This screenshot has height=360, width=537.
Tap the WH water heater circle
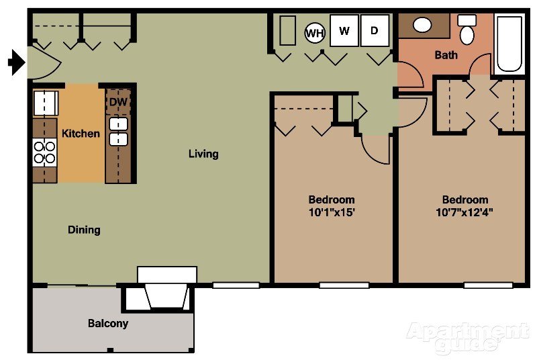[x=315, y=32]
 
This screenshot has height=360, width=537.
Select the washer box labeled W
[x=344, y=31]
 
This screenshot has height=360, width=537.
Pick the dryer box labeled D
[x=375, y=31]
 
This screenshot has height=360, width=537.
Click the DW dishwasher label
[x=118, y=101]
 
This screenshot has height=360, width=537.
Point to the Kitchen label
[x=81, y=134]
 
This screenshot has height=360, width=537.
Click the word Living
[x=203, y=154]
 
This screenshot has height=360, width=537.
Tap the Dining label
[x=84, y=230]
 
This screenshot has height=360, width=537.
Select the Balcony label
[x=108, y=323]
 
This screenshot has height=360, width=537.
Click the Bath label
[x=446, y=55]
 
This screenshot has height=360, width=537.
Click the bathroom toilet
[x=467, y=30]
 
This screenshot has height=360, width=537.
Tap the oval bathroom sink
[x=422, y=26]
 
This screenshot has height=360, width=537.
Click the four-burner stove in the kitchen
[x=45, y=152]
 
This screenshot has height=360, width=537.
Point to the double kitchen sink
[x=119, y=132]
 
